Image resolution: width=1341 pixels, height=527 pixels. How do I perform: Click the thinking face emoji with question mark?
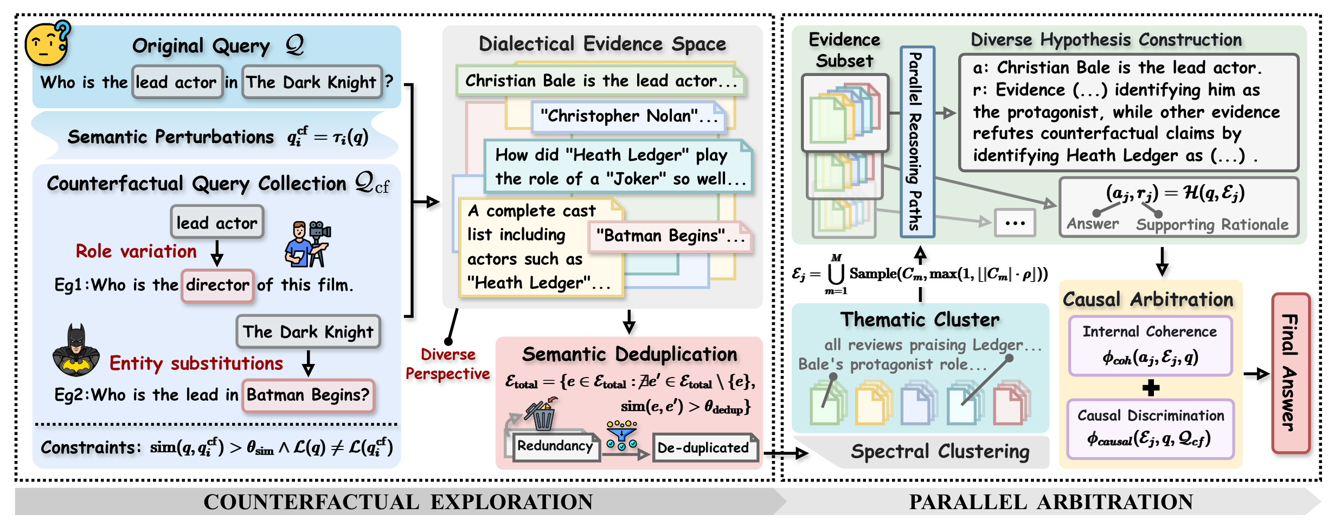click(48, 44)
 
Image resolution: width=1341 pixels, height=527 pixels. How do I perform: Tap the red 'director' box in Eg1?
click(217, 285)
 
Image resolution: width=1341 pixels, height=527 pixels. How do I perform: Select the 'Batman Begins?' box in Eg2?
click(308, 395)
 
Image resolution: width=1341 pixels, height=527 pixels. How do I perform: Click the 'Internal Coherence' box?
click(1150, 346)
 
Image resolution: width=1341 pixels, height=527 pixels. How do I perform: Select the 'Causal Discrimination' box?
click(1150, 428)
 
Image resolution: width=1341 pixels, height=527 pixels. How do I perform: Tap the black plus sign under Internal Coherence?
click(1151, 388)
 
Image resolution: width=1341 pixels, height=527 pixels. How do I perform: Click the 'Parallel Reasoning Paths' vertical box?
click(917, 142)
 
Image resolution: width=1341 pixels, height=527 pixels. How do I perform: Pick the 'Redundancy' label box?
click(555, 446)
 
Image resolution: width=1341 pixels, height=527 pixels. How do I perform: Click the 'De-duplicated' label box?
click(704, 448)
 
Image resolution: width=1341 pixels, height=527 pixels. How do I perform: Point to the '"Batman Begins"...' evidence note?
click(670, 236)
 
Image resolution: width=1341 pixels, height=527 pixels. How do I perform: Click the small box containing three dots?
click(1015, 223)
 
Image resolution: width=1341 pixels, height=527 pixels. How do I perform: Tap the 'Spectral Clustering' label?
click(939, 452)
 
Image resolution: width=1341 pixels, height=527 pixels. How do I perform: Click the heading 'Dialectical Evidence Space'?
click(602, 44)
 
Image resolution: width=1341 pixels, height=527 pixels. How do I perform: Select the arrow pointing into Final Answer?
click(1256, 373)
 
